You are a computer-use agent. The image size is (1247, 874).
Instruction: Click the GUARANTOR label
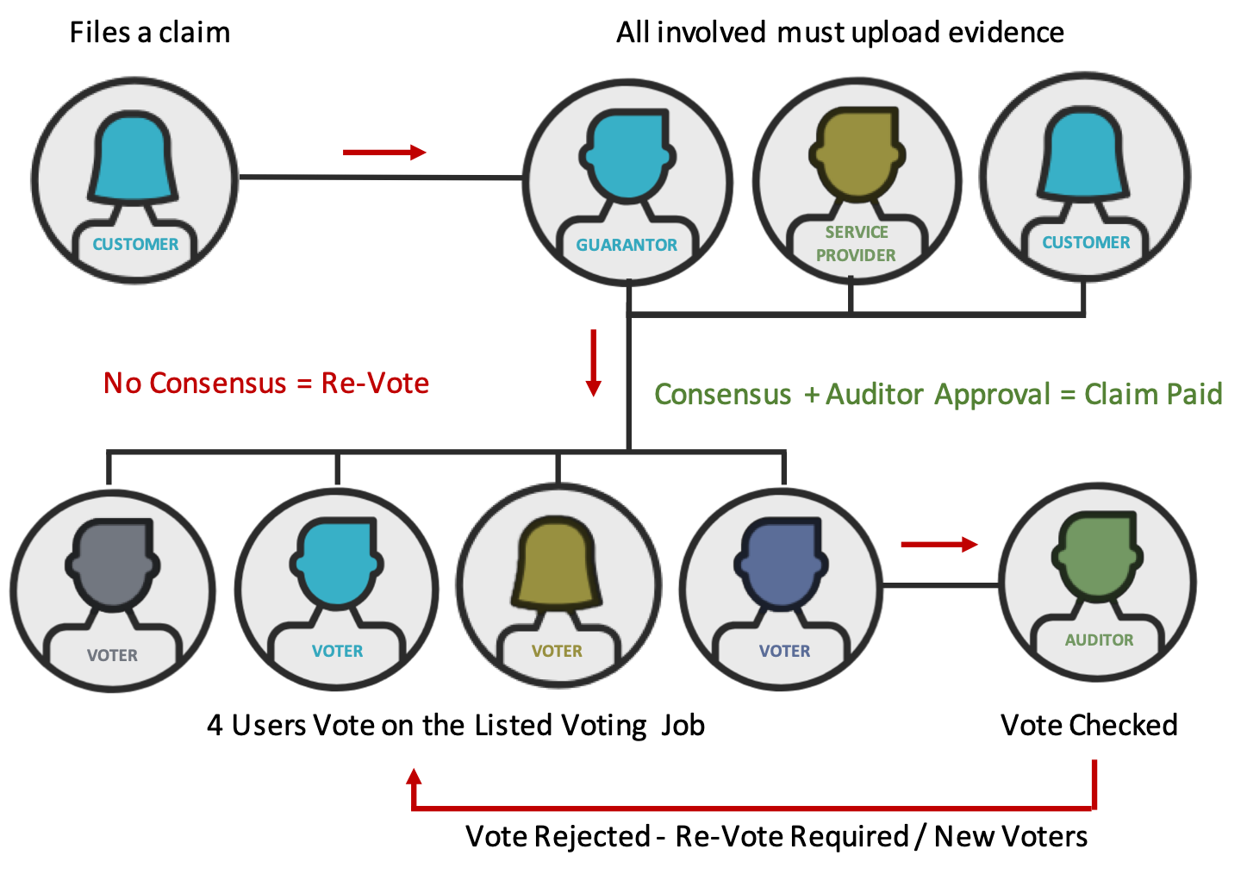(x=627, y=245)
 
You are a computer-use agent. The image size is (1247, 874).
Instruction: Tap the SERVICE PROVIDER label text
(x=856, y=244)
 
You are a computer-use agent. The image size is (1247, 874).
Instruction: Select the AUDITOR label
(x=1099, y=640)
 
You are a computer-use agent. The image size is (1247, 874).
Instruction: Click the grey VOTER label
(x=112, y=655)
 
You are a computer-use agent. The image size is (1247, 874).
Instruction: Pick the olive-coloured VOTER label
(x=557, y=651)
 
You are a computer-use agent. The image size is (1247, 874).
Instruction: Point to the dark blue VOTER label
(x=784, y=651)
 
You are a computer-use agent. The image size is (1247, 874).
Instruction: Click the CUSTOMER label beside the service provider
(x=1086, y=242)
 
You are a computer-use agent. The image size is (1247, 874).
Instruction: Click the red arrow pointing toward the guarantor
(x=384, y=153)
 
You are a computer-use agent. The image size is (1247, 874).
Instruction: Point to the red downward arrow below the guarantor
(x=593, y=362)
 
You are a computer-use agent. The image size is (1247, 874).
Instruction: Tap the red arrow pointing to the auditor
(x=939, y=544)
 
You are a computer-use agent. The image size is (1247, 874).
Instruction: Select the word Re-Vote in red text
(x=375, y=383)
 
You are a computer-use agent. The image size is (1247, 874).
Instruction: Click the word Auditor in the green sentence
(x=875, y=394)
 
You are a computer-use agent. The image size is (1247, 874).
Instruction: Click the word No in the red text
(x=122, y=383)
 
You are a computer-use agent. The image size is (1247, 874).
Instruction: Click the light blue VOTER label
(x=337, y=651)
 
